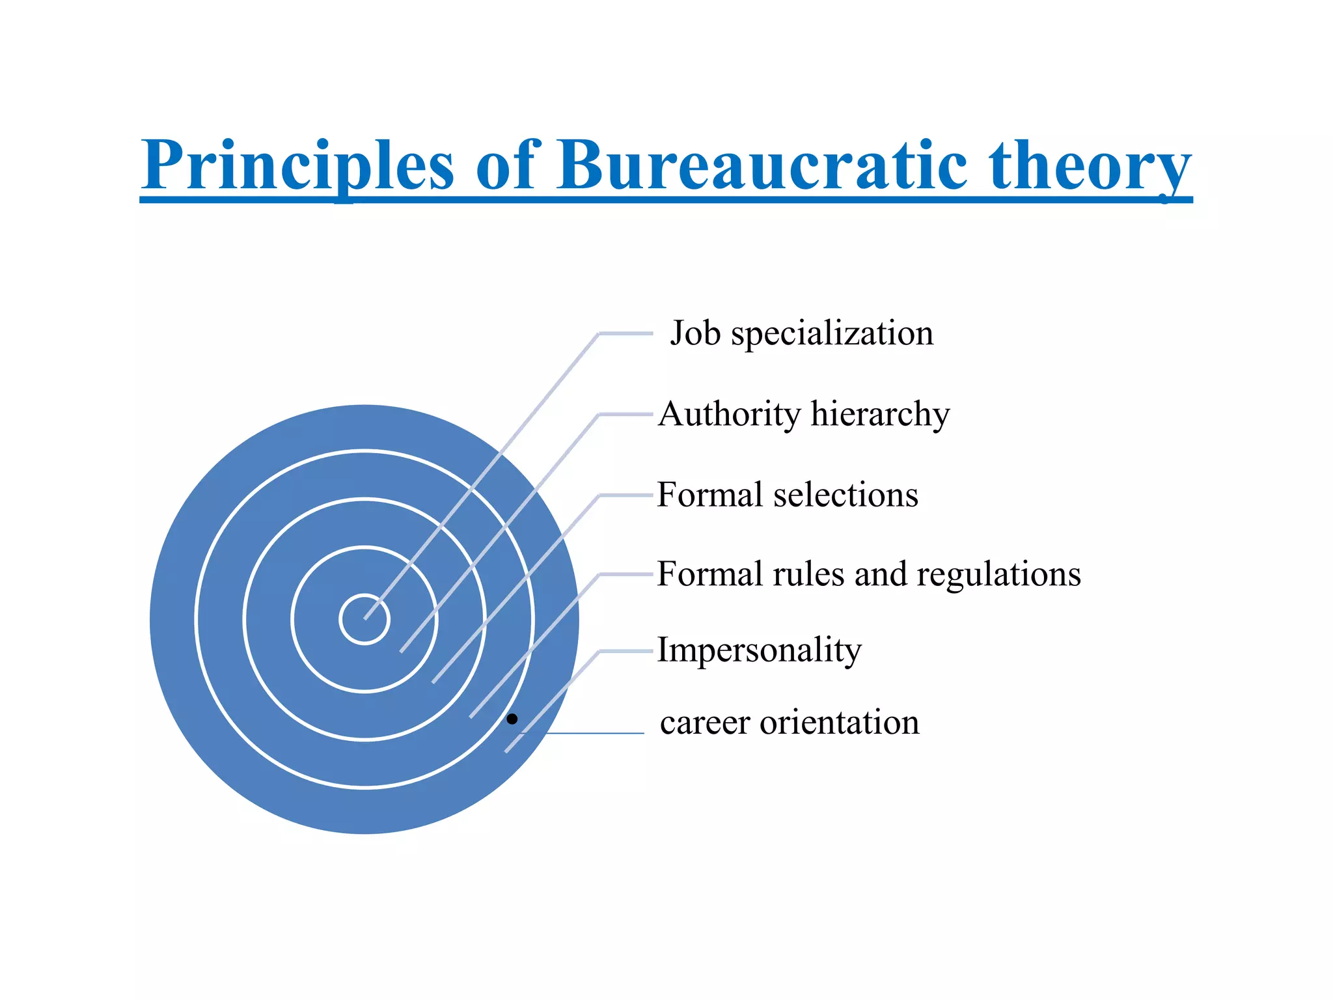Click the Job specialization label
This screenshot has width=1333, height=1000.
coord(801,333)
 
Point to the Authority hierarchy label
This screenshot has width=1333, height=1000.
coord(804,414)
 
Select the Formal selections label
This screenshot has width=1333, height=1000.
coord(788,495)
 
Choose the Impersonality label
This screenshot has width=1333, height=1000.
coord(759,650)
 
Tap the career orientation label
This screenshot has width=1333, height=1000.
coord(790,723)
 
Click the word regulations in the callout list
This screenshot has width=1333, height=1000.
coord(998,574)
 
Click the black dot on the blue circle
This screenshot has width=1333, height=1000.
coord(512,719)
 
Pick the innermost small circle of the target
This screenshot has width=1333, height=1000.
coord(364,619)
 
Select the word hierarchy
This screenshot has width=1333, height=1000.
coord(880,414)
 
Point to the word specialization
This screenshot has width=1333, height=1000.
coord(832,333)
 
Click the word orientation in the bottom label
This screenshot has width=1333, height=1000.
coord(840,723)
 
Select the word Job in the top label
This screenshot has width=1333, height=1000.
coord(695,333)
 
